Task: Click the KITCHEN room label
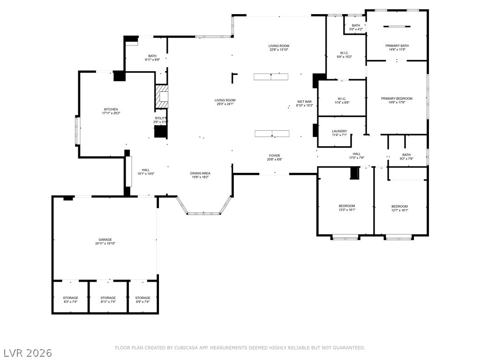click(x=111, y=109)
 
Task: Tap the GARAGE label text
click(x=105, y=240)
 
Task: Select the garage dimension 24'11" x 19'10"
click(x=105, y=244)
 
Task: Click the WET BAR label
click(x=304, y=102)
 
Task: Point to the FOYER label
click(x=274, y=156)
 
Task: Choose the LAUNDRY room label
click(x=339, y=131)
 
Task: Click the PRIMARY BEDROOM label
click(x=397, y=98)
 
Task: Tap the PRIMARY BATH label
click(x=397, y=45)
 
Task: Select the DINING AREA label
click(x=200, y=173)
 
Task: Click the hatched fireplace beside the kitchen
click(x=162, y=97)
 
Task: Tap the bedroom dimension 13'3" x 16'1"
click(x=347, y=210)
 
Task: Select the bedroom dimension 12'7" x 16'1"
click(x=400, y=210)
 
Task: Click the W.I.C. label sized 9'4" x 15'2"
click(x=344, y=55)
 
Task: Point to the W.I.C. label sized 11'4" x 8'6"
click(x=342, y=100)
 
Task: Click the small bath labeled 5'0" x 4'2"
click(x=356, y=27)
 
